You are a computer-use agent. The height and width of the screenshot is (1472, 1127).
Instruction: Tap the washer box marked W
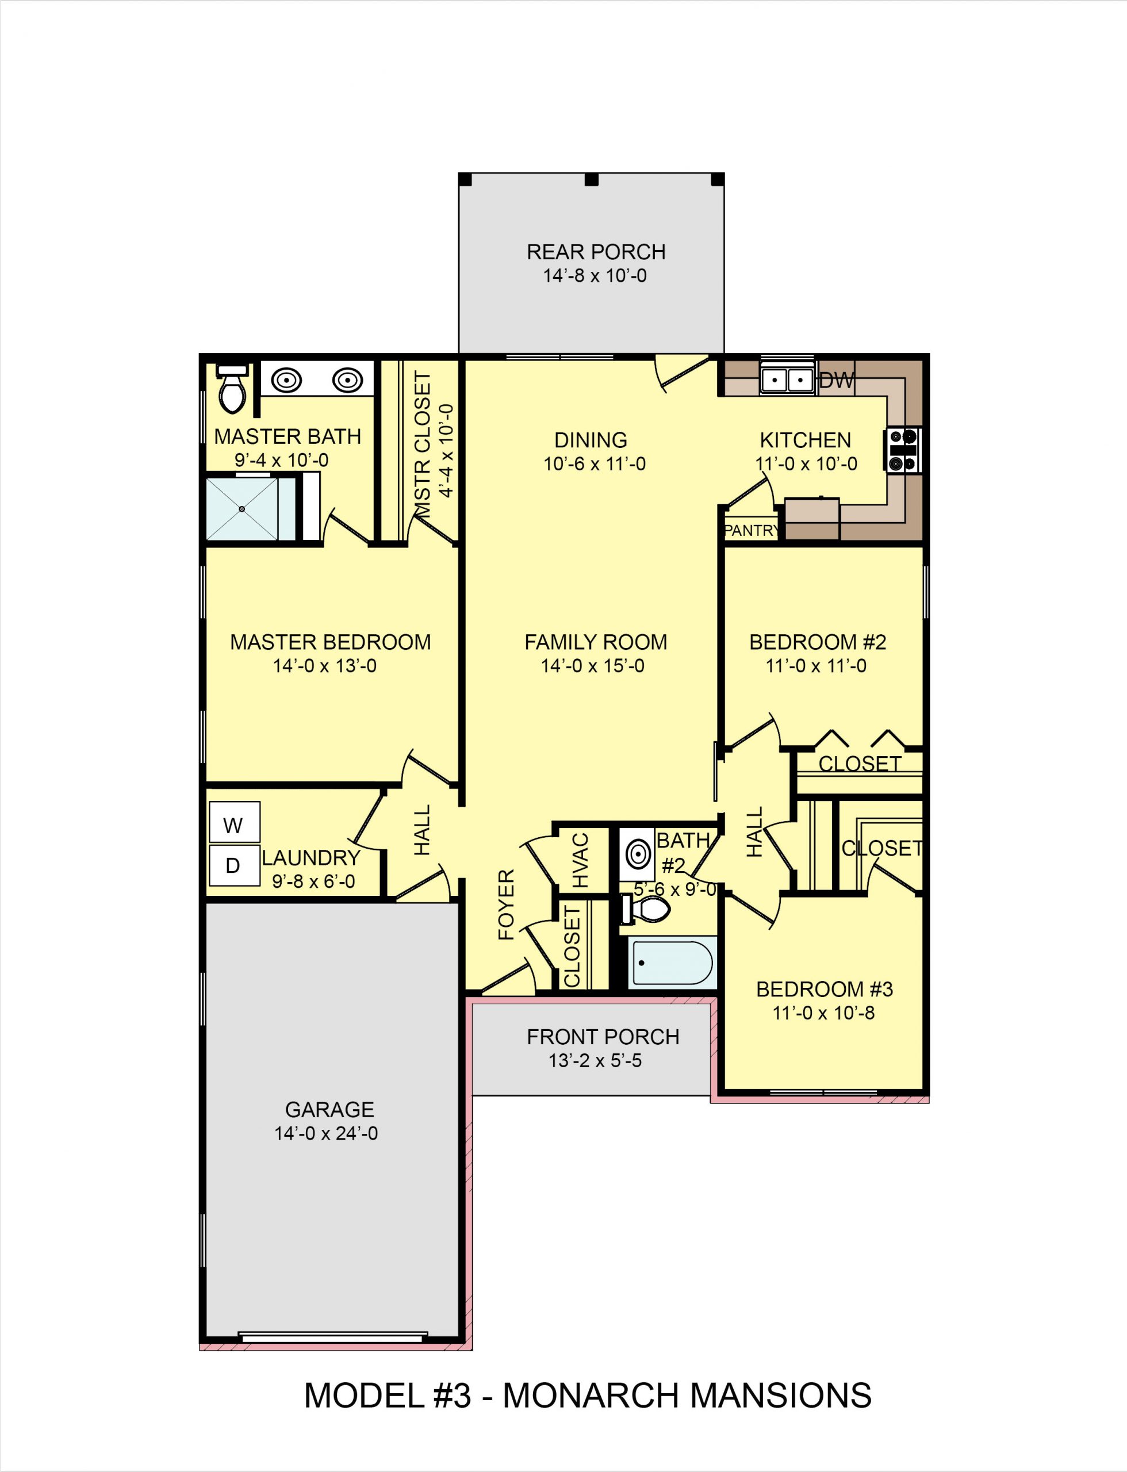(234, 825)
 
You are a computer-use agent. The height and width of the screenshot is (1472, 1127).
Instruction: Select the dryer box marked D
(233, 866)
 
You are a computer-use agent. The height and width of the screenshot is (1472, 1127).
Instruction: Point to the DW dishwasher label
(837, 381)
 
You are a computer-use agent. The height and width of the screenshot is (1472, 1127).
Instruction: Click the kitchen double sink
(787, 379)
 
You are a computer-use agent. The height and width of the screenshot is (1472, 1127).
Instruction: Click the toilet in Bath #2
(648, 909)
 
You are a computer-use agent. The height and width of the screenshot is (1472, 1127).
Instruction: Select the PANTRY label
(751, 531)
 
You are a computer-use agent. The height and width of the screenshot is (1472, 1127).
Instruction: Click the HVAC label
(580, 860)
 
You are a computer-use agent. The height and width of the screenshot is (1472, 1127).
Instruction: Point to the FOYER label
(507, 904)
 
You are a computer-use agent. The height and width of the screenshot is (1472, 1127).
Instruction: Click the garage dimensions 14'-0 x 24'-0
(326, 1133)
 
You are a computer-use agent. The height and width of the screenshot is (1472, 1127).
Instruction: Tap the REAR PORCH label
(596, 252)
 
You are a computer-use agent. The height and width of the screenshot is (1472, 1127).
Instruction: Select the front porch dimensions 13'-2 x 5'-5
(595, 1061)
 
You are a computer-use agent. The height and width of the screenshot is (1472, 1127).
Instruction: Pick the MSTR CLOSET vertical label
(423, 446)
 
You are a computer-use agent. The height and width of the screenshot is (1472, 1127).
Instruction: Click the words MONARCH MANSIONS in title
(687, 1396)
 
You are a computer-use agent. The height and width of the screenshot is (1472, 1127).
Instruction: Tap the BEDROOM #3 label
(825, 989)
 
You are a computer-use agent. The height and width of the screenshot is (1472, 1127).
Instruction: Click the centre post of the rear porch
(591, 179)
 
